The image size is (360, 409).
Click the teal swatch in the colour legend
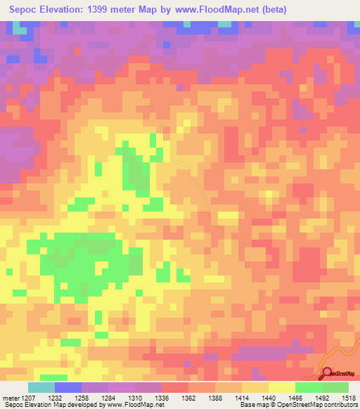click(x=41, y=387)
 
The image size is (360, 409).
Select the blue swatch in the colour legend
click(x=68, y=387)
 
